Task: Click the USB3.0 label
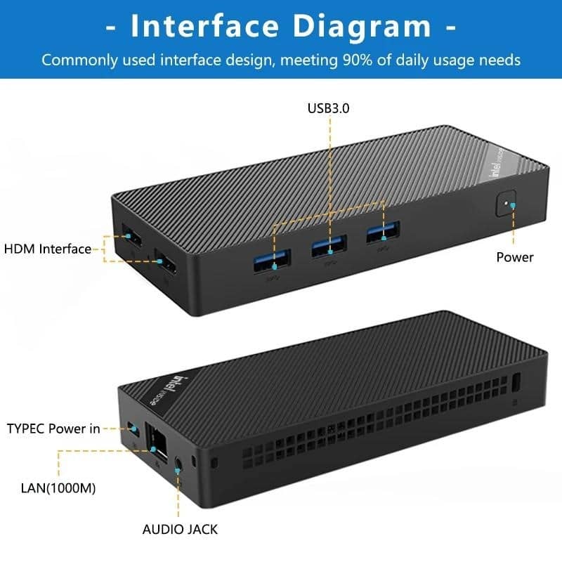point(328,109)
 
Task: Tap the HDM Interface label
point(48,249)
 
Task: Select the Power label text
point(514,257)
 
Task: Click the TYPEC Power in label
point(53,429)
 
